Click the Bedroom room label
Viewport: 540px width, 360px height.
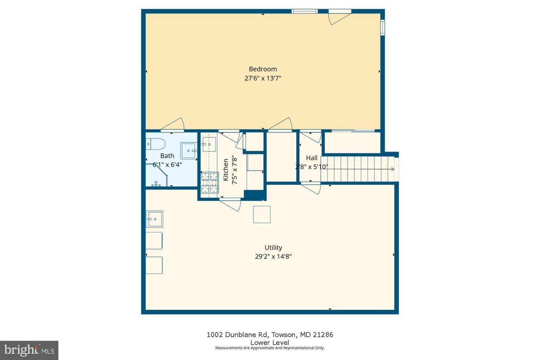pyautogui.click(x=263, y=69)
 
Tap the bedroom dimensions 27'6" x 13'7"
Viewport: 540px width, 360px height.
pyautogui.click(x=263, y=78)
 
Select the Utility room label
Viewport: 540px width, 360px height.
pyautogui.click(x=273, y=247)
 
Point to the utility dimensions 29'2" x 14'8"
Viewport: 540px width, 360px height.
pyautogui.click(x=273, y=256)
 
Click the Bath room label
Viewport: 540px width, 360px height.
pyautogui.click(x=167, y=156)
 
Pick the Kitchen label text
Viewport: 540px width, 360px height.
pyautogui.click(x=226, y=170)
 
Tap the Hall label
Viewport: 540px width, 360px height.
pyautogui.click(x=312, y=158)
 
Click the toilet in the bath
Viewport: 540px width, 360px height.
pyautogui.click(x=155, y=144)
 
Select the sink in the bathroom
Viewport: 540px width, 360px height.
pyautogui.click(x=189, y=151)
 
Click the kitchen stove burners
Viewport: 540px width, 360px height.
pyautogui.click(x=210, y=183)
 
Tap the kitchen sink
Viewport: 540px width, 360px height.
pyautogui.click(x=209, y=144)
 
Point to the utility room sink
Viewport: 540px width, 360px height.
pyautogui.click(x=154, y=219)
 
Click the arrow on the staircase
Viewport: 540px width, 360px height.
pyautogui.click(x=358, y=169)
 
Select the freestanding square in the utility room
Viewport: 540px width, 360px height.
pyautogui.click(x=262, y=214)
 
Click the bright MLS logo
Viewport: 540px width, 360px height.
pyautogui.click(x=29, y=350)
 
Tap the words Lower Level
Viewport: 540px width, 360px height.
pyautogui.click(x=270, y=342)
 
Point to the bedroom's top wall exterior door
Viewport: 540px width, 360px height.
pyautogui.click(x=340, y=17)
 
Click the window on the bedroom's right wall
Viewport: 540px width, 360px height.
pyautogui.click(x=382, y=27)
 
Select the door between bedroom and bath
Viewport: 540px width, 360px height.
pyautogui.click(x=172, y=125)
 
